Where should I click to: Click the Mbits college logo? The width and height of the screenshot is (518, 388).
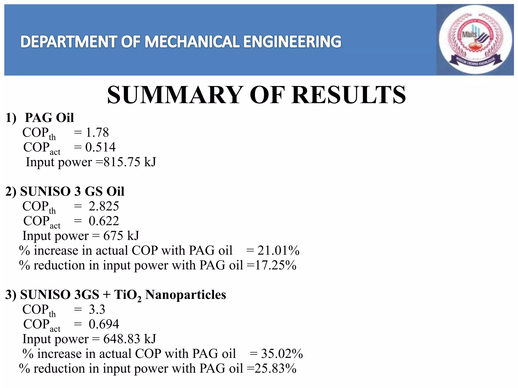(475, 40)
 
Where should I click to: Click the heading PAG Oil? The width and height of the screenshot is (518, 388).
(49, 118)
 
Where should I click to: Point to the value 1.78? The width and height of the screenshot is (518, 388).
(97, 133)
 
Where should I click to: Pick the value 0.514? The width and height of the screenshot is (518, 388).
(100, 147)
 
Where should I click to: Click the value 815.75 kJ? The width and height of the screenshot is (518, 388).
(130, 162)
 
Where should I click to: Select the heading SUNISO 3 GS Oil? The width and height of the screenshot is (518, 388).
(72, 191)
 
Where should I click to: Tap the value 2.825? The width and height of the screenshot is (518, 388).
(104, 206)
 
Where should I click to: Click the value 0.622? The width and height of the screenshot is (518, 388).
(104, 221)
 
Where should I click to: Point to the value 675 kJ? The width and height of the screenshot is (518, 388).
(121, 236)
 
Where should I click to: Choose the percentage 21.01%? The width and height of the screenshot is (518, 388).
(278, 251)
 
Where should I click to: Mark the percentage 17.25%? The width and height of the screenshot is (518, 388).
(275, 265)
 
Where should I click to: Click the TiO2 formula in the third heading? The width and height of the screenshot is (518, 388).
(128, 295)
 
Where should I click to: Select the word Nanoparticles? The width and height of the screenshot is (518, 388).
(185, 295)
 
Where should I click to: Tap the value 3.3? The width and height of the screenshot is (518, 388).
(97, 309)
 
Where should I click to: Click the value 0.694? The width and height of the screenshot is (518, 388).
(104, 324)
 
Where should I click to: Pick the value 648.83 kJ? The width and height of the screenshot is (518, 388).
(130, 339)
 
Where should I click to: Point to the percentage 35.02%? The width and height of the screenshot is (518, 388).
(282, 354)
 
